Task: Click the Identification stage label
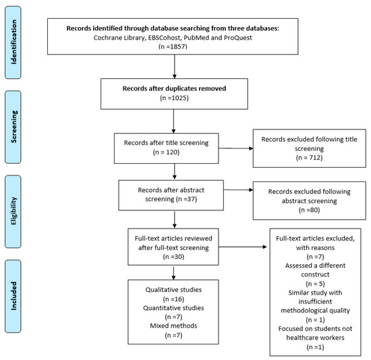[x=13, y=42]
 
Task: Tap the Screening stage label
[x=13, y=127]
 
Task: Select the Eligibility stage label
[x=13, y=211]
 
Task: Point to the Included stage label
[x=13, y=296]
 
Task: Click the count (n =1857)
[x=173, y=47]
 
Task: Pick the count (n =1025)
[x=174, y=98]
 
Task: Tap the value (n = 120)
[x=166, y=152]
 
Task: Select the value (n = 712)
[x=309, y=158]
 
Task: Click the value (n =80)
[x=309, y=210]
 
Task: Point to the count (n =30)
[x=173, y=257]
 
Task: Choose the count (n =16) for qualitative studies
[x=173, y=299]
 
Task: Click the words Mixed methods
[x=173, y=326]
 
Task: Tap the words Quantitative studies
[x=173, y=308]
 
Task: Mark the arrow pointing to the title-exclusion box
[x=235, y=148]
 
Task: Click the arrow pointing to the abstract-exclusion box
[x=238, y=189]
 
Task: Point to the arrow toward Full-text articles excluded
[x=243, y=247]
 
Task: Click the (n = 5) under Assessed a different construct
[x=315, y=284]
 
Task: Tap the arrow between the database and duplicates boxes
[x=175, y=67]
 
